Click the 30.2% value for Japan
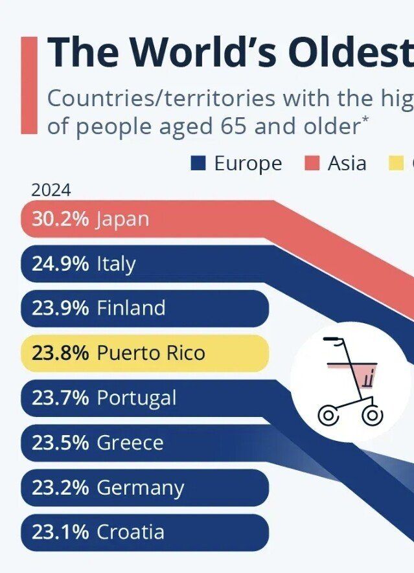tap(60, 219)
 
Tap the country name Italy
tap(116, 264)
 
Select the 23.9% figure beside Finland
tap(60, 308)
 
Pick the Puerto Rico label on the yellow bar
tap(150, 353)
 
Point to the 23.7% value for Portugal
tap(60, 398)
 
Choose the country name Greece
tap(130, 443)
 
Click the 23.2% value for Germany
tap(60, 488)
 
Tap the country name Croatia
tap(130, 532)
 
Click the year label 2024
tap(51, 190)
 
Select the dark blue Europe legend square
tap(198, 163)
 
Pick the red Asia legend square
tap(312, 163)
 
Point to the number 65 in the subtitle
tap(233, 126)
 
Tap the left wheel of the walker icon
tap(328, 415)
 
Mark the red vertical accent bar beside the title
tap(29, 85)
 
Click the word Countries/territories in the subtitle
tap(153, 98)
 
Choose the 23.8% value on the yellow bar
tap(60, 353)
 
